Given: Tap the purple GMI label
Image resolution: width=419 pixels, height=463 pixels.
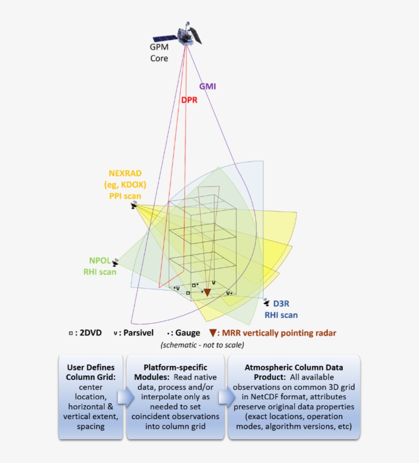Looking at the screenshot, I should pos(207,86).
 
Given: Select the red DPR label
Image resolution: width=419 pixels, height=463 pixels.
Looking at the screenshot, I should pos(189,100).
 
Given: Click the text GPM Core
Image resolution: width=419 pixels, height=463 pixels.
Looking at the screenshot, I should pos(158,52).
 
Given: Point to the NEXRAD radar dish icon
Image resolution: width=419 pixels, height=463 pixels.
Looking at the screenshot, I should pos(134,205).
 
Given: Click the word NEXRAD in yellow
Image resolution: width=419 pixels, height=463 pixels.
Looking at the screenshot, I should pos(125,173).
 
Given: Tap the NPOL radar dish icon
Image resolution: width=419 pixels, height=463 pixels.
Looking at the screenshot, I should pos(116,262).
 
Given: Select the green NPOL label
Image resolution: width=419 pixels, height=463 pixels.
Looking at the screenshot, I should pos(99,261).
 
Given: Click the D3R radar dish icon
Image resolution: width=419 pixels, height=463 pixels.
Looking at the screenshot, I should pos(267,303).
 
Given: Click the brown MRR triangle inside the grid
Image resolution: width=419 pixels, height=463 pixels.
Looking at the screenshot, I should pos(207,293).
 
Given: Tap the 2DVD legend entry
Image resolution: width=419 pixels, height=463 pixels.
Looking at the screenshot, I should pos(85,333).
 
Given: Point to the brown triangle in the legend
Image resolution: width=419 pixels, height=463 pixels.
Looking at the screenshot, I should pos(212,333).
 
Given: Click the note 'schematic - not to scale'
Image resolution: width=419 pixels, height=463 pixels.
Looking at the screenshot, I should pos(202,345).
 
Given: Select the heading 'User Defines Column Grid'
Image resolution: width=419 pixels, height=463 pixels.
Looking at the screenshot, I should pos(90,372).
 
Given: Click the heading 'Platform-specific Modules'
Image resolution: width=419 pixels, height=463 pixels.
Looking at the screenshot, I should pos(175,372).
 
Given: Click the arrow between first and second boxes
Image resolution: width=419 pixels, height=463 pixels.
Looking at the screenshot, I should pos(124,397).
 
